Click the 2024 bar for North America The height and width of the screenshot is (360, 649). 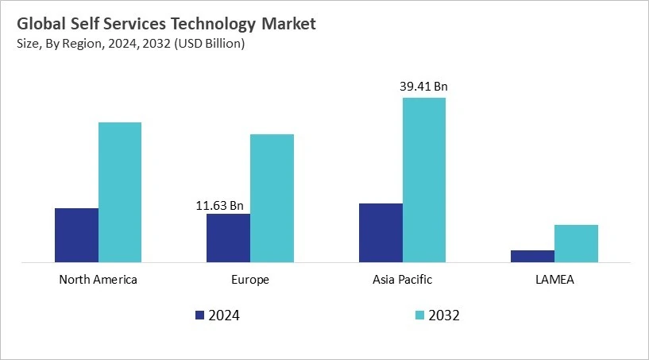pyautogui.click(x=76, y=235)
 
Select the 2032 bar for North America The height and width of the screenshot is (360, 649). pyautogui.click(x=119, y=192)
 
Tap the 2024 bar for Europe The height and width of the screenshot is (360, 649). pyautogui.click(x=228, y=238)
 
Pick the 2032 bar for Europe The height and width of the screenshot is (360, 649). pyautogui.click(x=272, y=198)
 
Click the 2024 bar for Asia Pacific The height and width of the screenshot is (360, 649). pyautogui.click(x=381, y=233)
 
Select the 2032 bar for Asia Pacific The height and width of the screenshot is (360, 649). pyautogui.click(x=424, y=180)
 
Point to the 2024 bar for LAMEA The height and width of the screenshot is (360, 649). pyautogui.click(x=532, y=256)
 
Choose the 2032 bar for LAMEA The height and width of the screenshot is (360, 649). pyautogui.click(x=576, y=243)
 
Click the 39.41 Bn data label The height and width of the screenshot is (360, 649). pyautogui.click(x=424, y=87)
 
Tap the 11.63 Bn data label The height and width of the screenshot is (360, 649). pyautogui.click(x=220, y=205)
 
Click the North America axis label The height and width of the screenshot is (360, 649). pyautogui.click(x=98, y=280)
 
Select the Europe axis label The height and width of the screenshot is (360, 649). pyautogui.click(x=250, y=280)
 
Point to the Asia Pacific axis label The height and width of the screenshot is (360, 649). pyautogui.click(x=402, y=280)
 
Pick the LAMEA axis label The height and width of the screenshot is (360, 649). pyautogui.click(x=554, y=280)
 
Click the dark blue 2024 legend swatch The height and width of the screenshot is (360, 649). pyautogui.click(x=199, y=315)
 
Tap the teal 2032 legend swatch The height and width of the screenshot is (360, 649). pyautogui.click(x=419, y=315)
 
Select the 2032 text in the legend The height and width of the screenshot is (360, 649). pyautogui.click(x=444, y=315)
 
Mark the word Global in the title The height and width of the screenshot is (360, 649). pyautogui.click(x=43, y=24)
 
